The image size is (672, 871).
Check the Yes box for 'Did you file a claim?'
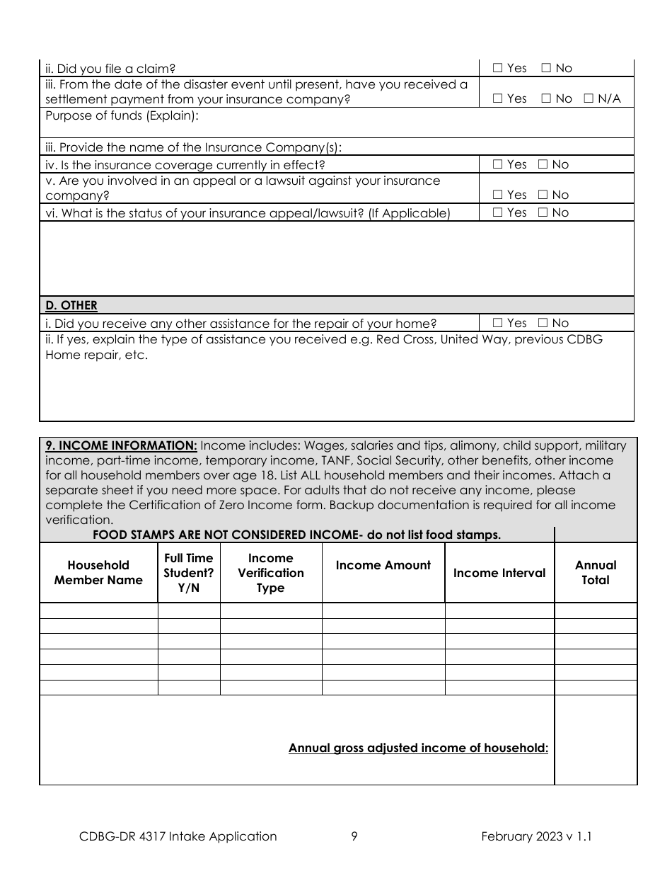pyautogui.click(x=497, y=69)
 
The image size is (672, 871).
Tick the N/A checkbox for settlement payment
pyautogui.click(x=589, y=99)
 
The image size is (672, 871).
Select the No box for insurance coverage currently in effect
pyautogui.click(x=543, y=164)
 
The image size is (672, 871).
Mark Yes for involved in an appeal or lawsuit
pyautogui.click(x=497, y=195)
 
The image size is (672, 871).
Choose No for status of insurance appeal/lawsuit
pyautogui.click(x=543, y=212)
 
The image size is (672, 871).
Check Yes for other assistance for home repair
pyautogui.click(x=497, y=324)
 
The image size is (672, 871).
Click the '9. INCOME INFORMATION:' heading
pyautogui.click(x=121, y=445)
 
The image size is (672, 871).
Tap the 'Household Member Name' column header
pyautogui.click(x=98, y=573)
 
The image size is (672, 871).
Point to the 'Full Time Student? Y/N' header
pyautogui.click(x=188, y=573)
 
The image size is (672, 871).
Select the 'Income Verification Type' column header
pyautogui.click(x=270, y=573)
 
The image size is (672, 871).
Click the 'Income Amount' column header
pyautogui.click(x=383, y=565)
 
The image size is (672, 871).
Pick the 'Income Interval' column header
pyautogui.click(x=499, y=573)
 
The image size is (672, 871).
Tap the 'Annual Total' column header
pyautogui.click(x=596, y=573)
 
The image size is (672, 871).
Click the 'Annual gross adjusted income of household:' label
pyautogui.click(x=418, y=748)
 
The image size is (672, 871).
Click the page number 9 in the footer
pyautogui.click(x=354, y=836)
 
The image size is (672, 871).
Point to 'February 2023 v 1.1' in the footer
pyautogui.click(x=536, y=836)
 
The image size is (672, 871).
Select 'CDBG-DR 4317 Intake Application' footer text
pyautogui.click(x=178, y=836)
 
